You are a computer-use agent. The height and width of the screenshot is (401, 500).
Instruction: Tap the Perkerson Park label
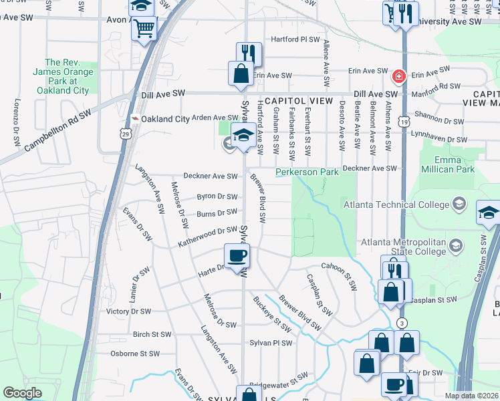(x=307, y=172)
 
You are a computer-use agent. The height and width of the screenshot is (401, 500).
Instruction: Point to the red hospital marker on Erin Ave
(x=400, y=76)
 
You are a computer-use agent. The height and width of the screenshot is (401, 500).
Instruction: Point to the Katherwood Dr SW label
(x=207, y=237)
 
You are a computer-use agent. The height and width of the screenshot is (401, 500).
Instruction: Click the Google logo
(x=22, y=393)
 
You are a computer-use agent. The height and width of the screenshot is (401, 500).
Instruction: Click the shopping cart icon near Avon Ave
(x=144, y=29)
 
